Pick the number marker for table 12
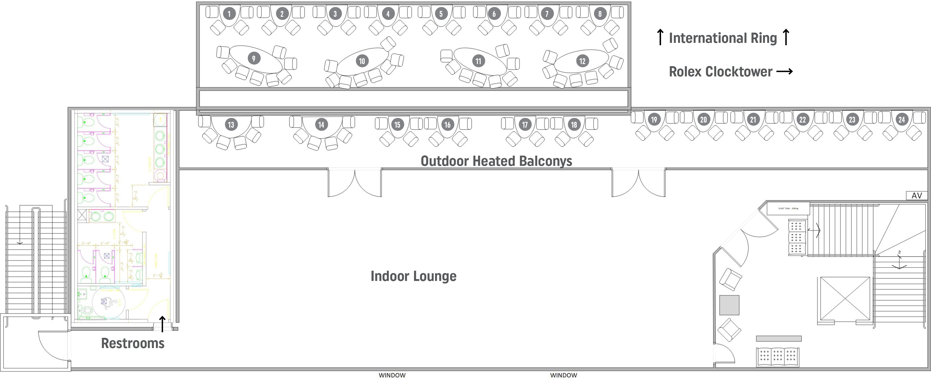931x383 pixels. (582, 61)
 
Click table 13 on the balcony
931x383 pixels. (231, 125)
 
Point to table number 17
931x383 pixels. (525, 125)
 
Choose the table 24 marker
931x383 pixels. (902, 120)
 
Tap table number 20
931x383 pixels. (703, 120)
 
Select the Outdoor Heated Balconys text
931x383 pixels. (496, 161)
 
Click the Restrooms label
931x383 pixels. (133, 343)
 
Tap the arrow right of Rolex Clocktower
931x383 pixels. (785, 72)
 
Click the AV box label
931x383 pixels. (917, 196)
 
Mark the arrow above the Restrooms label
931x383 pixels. (163, 324)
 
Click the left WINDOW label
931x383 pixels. (392, 375)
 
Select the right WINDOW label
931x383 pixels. (563, 375)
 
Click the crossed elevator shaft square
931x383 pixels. (845, 299)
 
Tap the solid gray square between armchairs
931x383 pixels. (729, 305)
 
